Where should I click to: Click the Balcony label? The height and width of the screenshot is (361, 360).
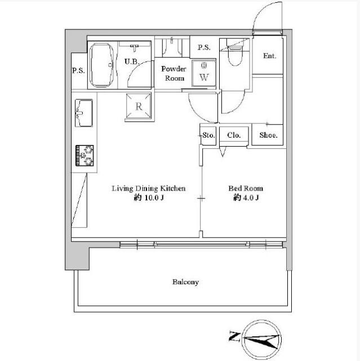[185, 282]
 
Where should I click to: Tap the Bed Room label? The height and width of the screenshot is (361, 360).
[246, 188]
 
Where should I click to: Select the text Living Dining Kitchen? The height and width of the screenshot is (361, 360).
[149, 188]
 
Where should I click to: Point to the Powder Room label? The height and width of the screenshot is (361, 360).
[174, 73]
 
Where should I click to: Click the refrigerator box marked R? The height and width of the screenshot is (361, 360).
[139, 107]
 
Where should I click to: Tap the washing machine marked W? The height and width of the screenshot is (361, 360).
[204, 73]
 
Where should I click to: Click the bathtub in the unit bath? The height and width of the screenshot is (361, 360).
[102, 65]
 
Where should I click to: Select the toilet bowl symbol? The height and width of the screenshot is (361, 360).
[235, 55]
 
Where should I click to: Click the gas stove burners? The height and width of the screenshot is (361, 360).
[85, 156]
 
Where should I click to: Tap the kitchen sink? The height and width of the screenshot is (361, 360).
[84, 113]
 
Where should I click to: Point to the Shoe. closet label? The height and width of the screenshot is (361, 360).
[268, 135]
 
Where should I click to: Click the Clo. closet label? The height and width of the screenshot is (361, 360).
[234, 135]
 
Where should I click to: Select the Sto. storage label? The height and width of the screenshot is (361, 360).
[209, 135]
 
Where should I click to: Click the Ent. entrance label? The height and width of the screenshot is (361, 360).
[270, 56]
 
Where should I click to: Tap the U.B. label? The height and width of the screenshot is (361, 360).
[132, 61]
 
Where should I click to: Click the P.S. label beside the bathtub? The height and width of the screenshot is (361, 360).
[78, 71]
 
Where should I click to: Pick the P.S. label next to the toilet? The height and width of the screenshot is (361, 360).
[204, 47]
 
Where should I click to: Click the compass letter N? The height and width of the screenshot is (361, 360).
[234, 337]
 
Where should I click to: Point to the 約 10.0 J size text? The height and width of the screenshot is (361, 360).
[149, 197]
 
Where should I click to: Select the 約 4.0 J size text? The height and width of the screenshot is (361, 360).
[246, 197]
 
